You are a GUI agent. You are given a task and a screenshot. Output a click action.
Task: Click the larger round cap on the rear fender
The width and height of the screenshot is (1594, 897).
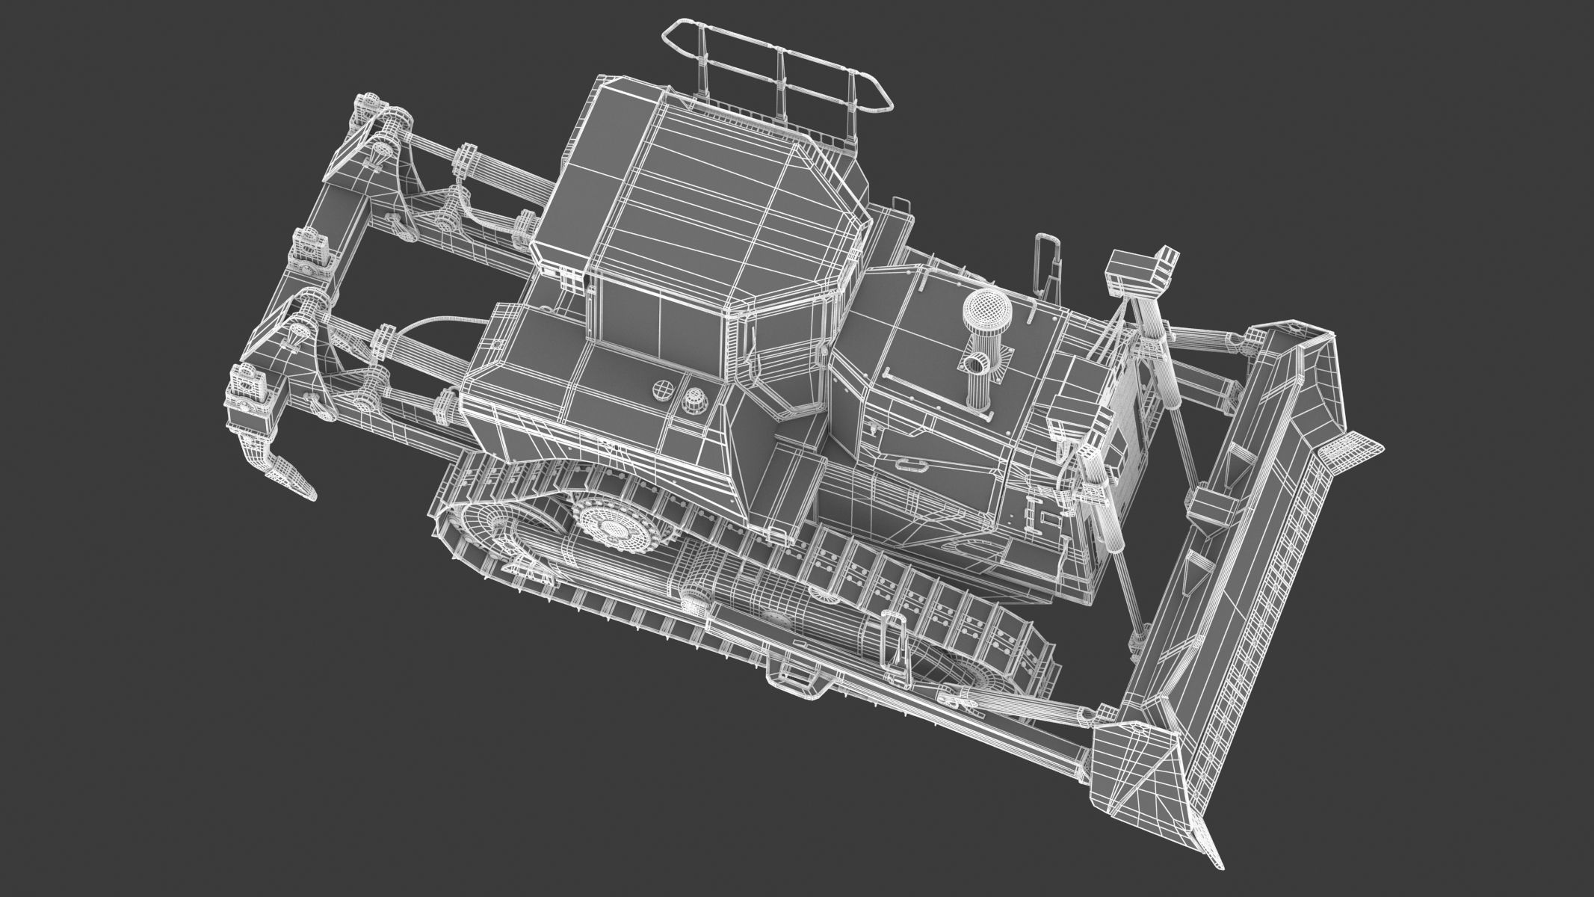tap(662, 389)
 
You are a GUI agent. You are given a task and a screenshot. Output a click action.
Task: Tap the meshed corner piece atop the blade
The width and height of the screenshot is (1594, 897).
tap(1349, 448)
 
